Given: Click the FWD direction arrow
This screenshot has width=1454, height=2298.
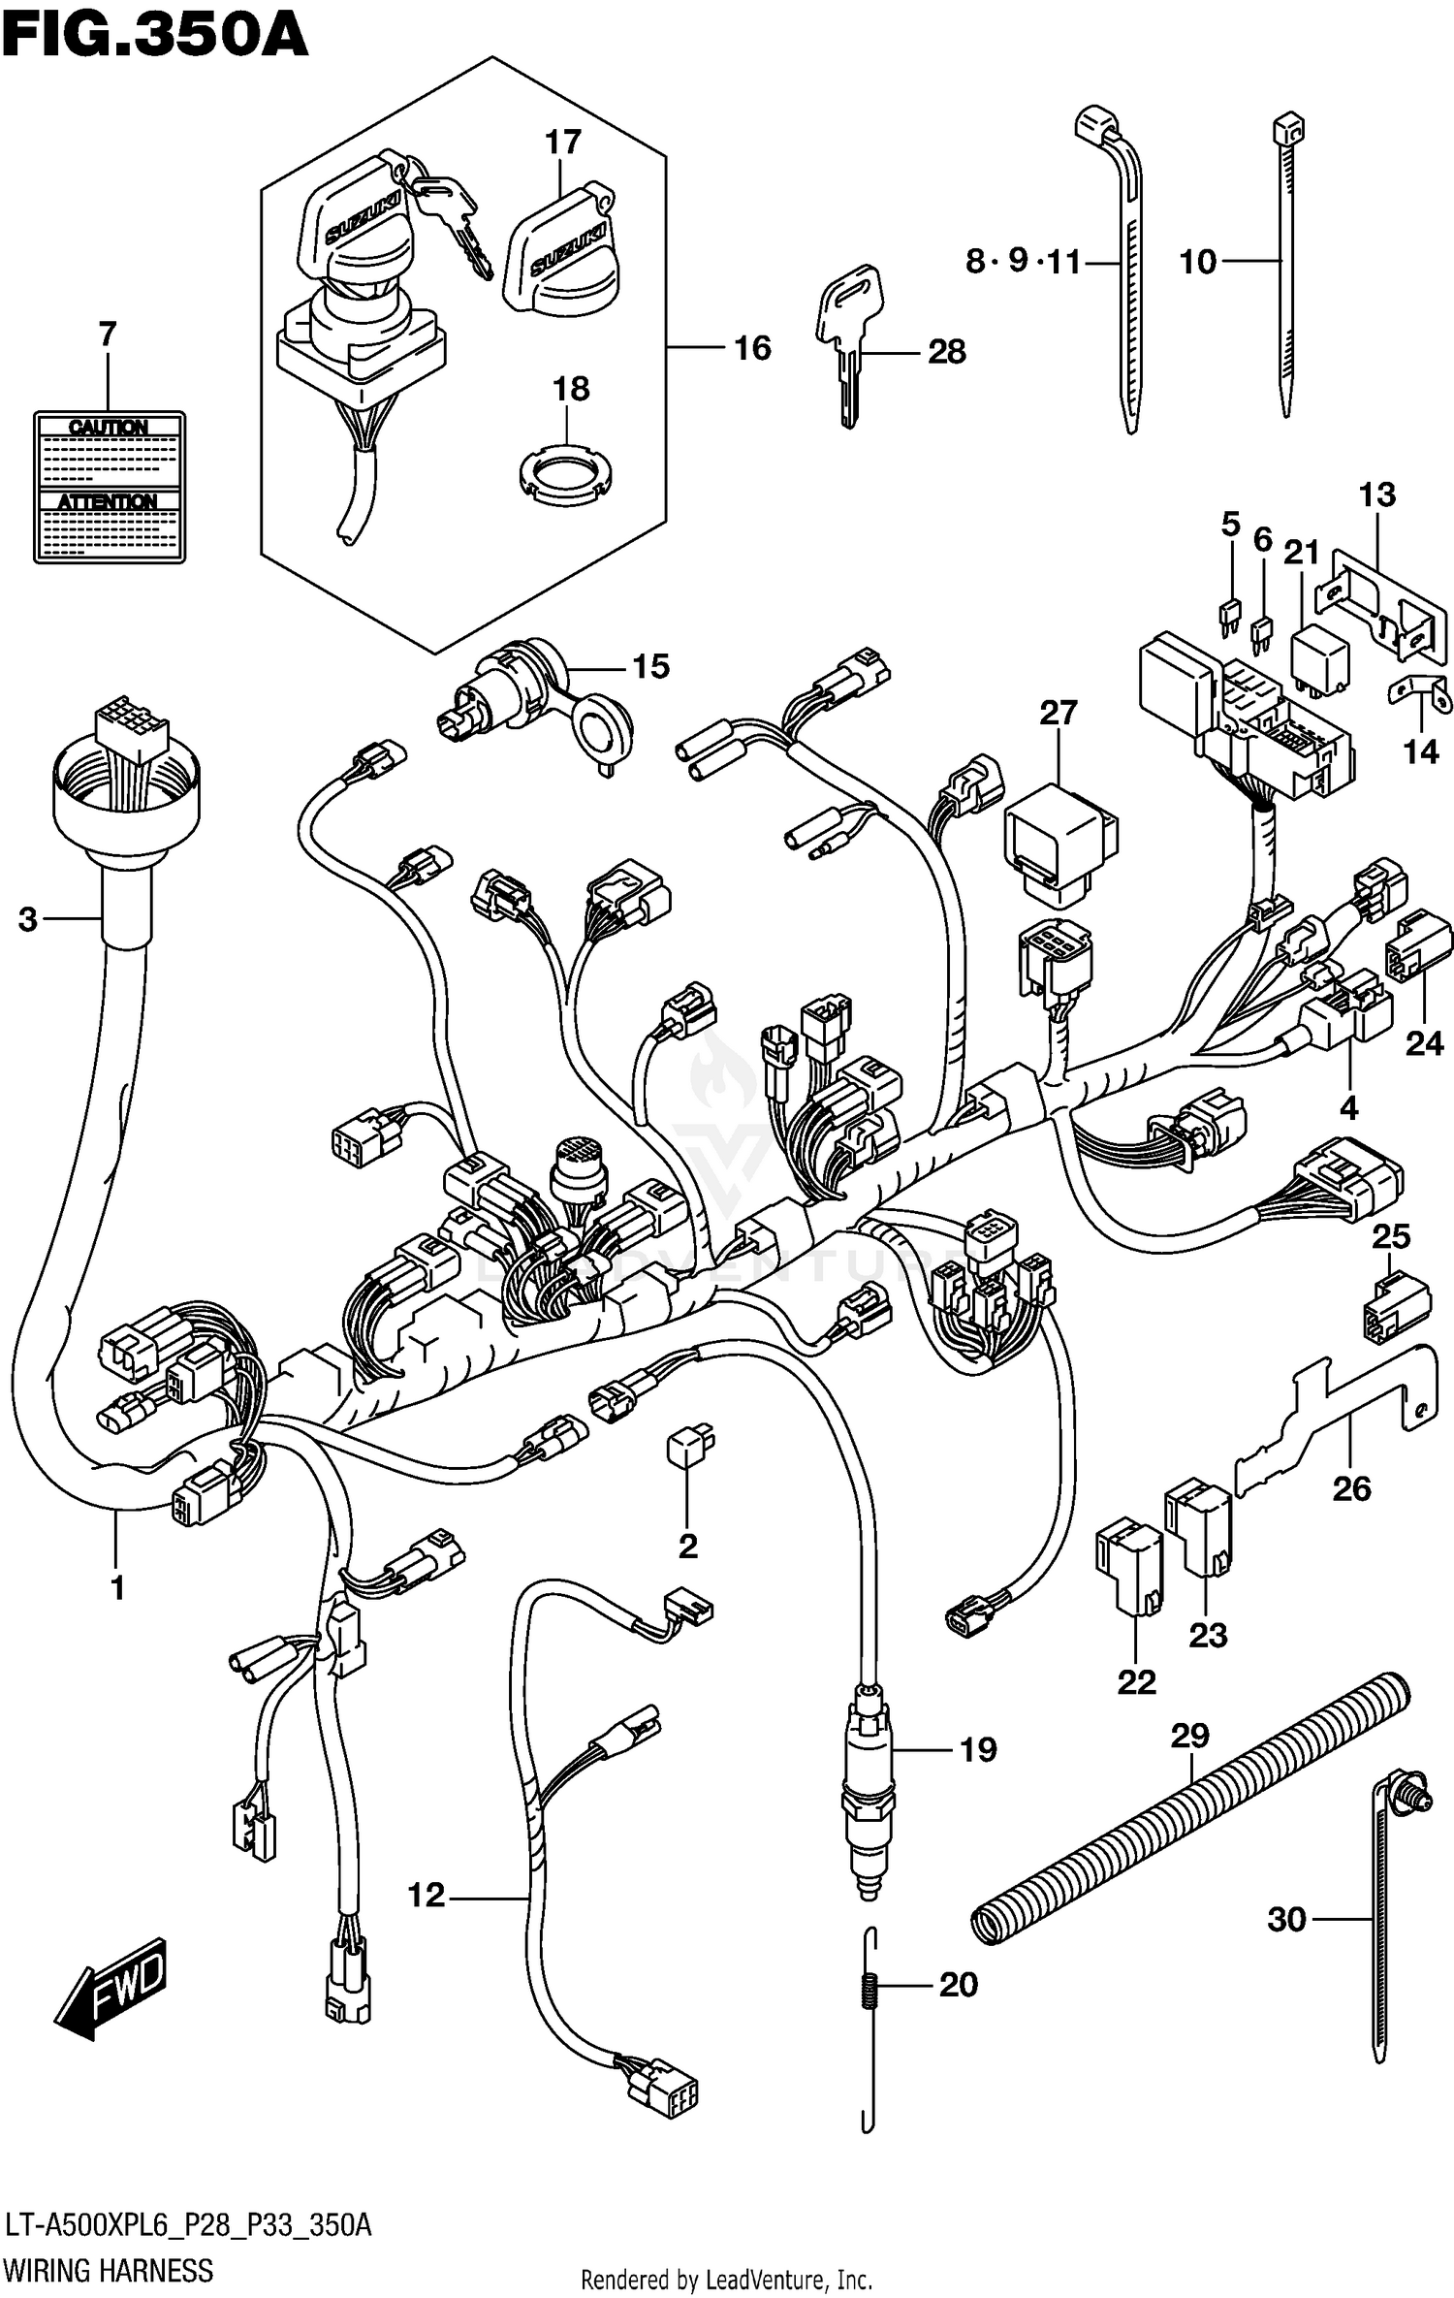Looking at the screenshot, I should click(111, 1988).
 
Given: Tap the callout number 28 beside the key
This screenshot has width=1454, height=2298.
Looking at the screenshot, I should click(946, 352).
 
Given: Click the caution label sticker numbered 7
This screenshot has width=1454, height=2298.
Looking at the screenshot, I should click(109, 487).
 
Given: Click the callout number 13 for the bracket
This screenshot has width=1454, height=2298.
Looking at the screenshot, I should click(1376, 495).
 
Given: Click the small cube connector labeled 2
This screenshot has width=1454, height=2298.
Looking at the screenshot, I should click(688, 1445).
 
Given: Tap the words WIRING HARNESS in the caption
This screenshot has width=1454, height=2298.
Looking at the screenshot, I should click(109, 2270).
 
